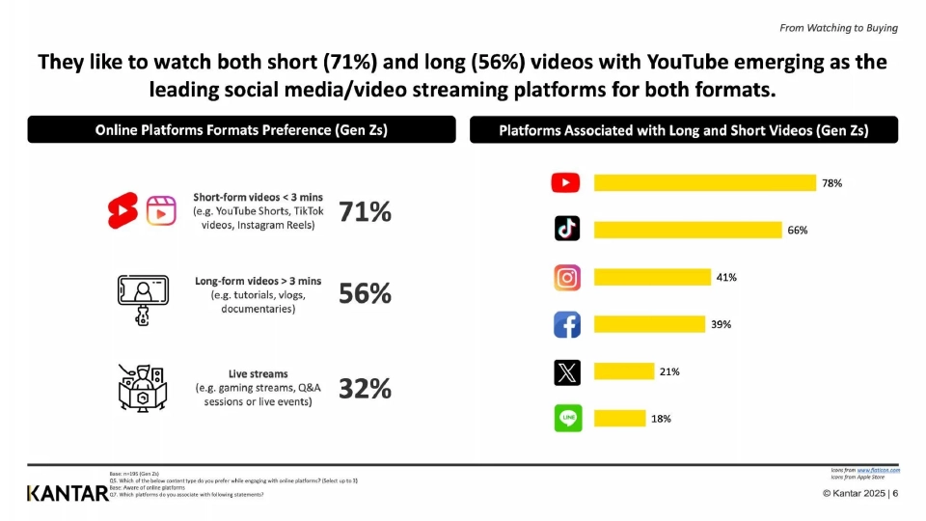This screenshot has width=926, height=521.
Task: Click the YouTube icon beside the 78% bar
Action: tap(566, 182)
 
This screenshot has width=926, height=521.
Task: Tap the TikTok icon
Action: tap(566, 229)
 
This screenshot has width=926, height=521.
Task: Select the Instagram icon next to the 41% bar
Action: tap(567, 278)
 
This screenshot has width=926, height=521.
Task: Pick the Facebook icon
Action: tap(567, 324)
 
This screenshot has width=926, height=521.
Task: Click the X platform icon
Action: tap(567, 371)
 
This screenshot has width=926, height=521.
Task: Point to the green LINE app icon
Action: tap(567, 418)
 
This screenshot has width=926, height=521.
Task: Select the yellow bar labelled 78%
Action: tap(705, 182)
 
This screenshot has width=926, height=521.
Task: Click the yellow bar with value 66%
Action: tap(688, 230)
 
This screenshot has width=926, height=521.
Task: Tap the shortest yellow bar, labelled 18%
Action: tap(619, 418)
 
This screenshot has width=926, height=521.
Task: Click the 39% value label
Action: tap(721, 325)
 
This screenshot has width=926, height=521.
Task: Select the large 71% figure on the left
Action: tap(365, 211)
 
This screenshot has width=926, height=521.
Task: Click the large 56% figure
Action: tap(365, 294)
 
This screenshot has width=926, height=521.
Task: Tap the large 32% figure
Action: tap(365, 388)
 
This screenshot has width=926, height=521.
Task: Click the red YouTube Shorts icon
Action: tap(123, 209)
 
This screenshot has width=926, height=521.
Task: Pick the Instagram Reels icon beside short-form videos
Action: tap(161, 209)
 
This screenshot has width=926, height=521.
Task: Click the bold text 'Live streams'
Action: tap(258, 373)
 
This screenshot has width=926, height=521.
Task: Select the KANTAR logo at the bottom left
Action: tap(68, 494)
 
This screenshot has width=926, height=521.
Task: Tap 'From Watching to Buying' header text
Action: tap(838, 28)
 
